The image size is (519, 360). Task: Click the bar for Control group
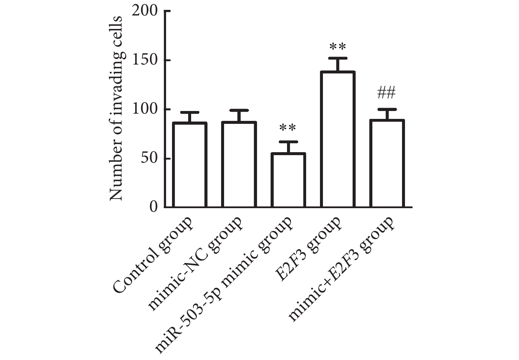pos(189,165)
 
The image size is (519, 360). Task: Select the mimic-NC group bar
pos(239,165)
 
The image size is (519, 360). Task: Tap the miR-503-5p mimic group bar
pos(288,180)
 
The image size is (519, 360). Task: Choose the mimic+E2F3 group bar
pos(387,164)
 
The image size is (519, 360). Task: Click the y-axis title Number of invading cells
pos(116,109)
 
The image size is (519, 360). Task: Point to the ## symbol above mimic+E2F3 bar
pos(386,93)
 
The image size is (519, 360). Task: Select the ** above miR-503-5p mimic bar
pos(288,128)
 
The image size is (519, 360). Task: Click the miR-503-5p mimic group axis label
pos(224,285)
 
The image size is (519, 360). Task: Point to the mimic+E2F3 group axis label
pos(341,268)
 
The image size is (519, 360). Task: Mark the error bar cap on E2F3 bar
pos(338,58)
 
